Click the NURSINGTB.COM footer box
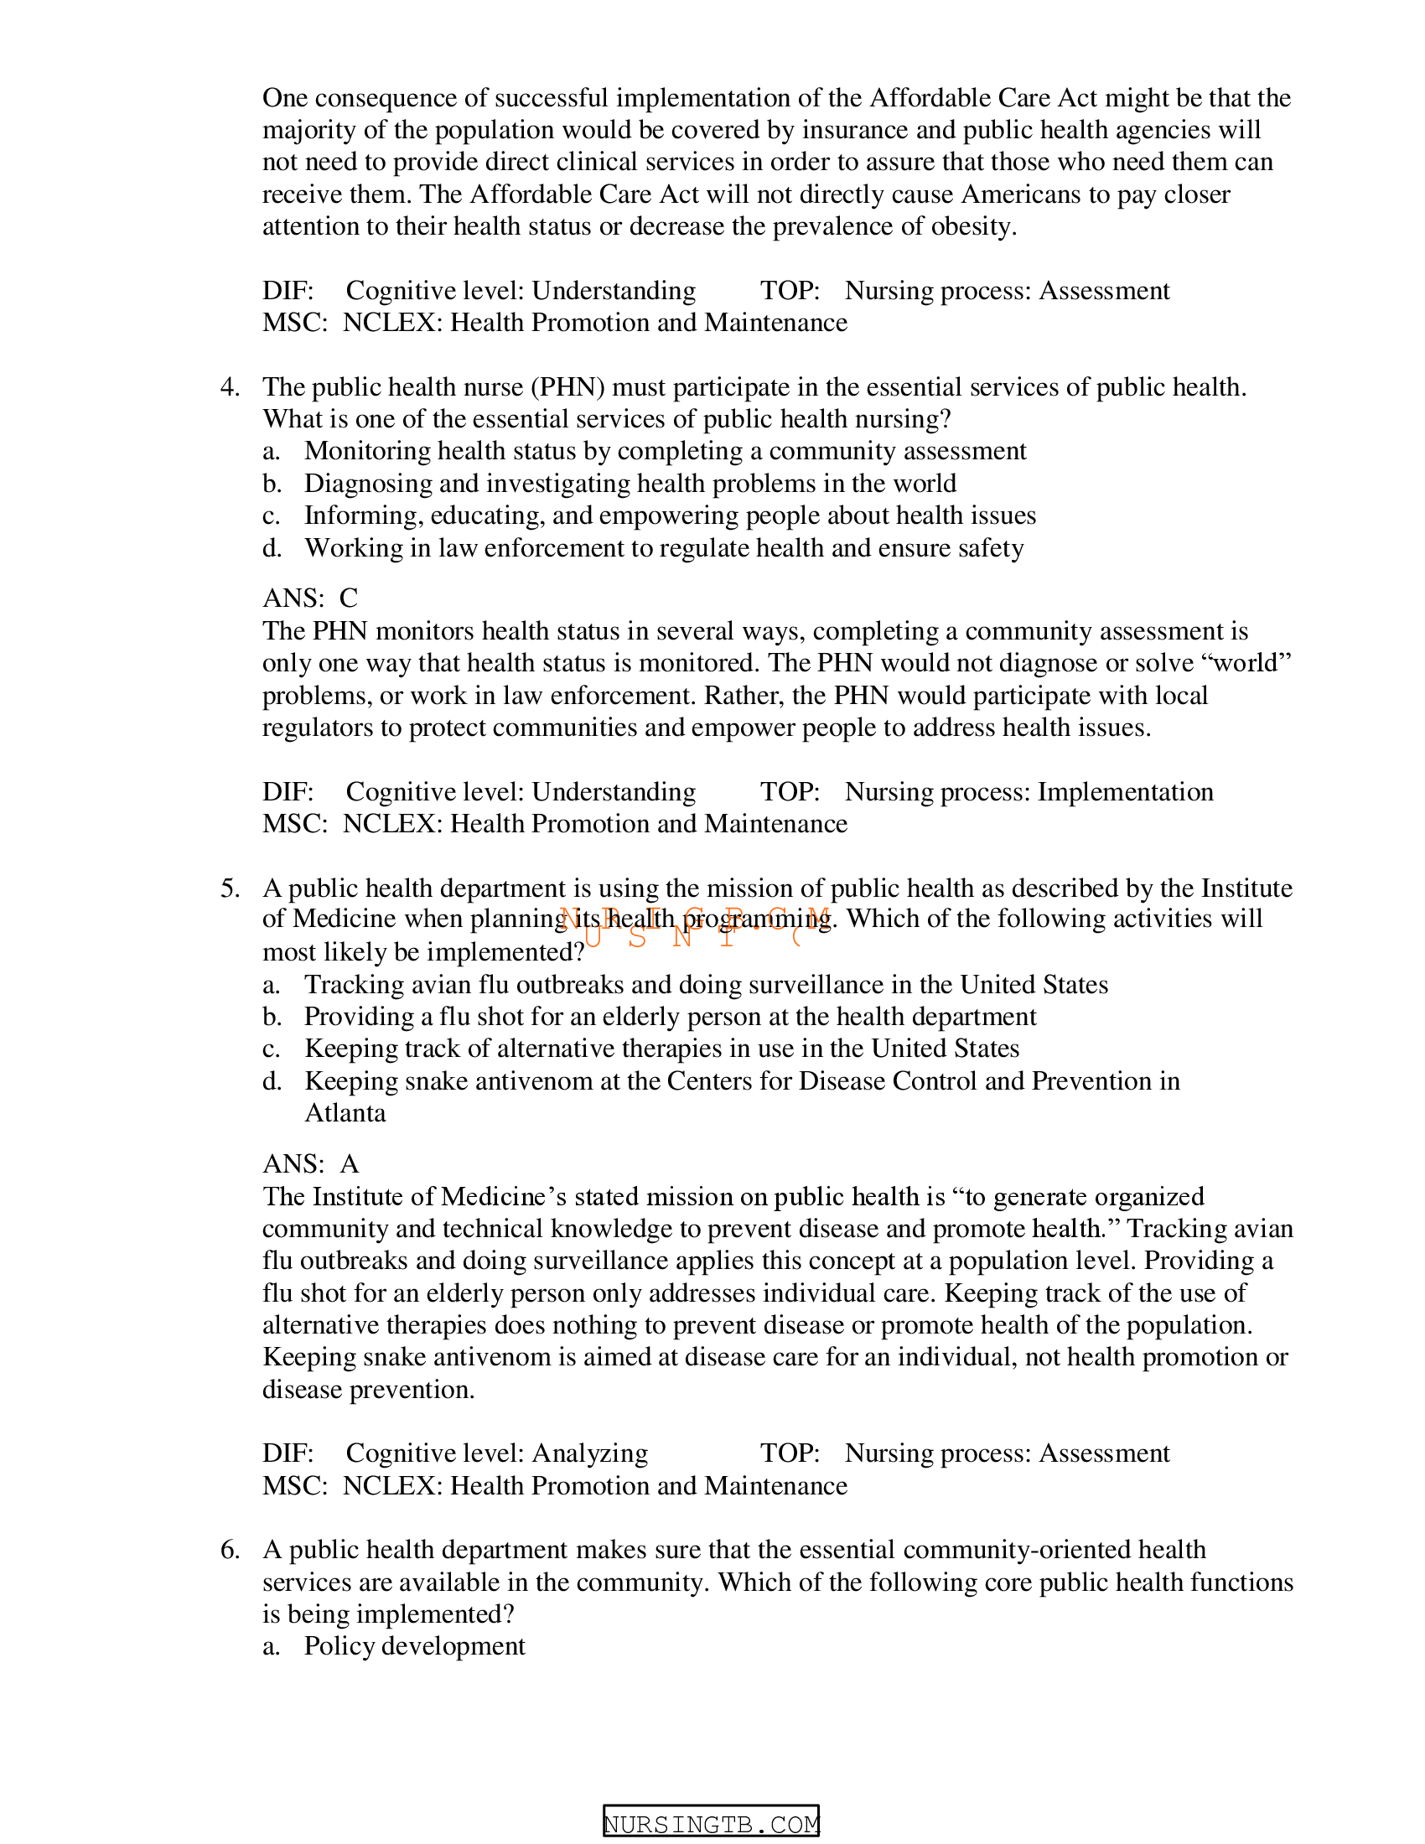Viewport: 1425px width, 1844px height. coord(711,1824)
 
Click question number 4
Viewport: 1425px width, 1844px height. coord(230,387)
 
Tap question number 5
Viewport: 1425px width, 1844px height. coord(230,888)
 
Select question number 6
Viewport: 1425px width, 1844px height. coord(230,1550)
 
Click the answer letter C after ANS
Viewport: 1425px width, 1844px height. coord(349,598)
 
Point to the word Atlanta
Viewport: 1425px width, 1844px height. coord(345,1113)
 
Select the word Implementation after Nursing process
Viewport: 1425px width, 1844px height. coord(1125,792)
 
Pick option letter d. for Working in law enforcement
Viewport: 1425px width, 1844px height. coord(271,548)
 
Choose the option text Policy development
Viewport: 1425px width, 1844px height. coord(414,1646)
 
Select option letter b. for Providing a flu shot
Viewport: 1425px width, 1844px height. coord(271,1017)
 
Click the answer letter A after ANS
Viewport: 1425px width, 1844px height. coord(350,1164)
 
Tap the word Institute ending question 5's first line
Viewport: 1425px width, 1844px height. coord(1246,888)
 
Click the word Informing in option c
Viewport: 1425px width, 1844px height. coord(363,515)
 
